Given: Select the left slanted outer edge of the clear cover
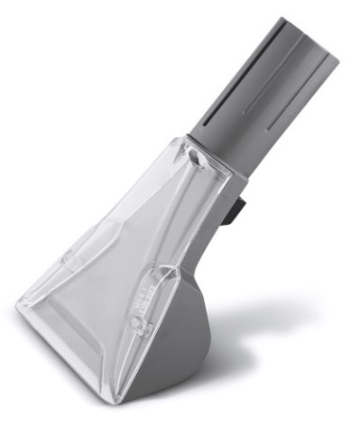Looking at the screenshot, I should (99, 235).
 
